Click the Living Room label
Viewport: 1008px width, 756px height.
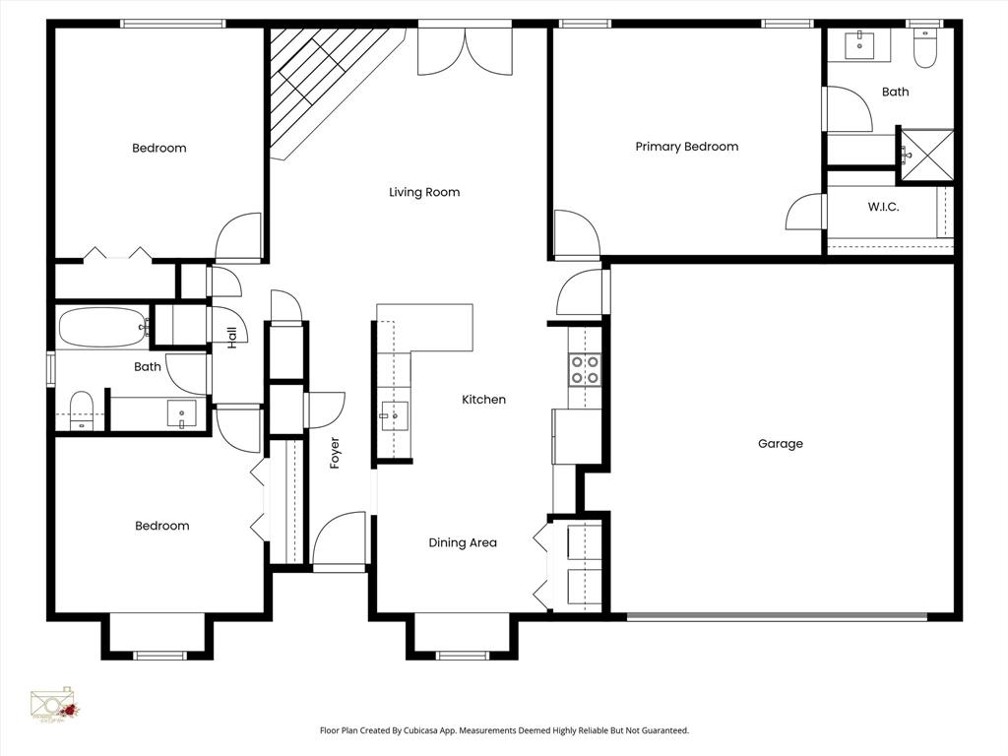424,192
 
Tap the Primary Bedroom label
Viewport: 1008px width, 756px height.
686,147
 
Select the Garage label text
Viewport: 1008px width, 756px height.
780,444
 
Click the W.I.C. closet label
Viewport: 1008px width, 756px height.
883,208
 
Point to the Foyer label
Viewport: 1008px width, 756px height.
335,452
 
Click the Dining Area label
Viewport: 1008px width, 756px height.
462,542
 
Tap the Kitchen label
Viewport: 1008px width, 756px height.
483,400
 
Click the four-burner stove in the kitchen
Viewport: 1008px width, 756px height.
584,369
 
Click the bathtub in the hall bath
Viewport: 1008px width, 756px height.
102,328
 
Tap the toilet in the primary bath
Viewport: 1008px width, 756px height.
924,48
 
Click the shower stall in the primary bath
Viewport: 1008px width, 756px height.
927,156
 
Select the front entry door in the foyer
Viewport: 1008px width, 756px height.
340,541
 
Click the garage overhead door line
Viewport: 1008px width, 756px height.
778,617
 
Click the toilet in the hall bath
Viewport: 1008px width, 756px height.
81,410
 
